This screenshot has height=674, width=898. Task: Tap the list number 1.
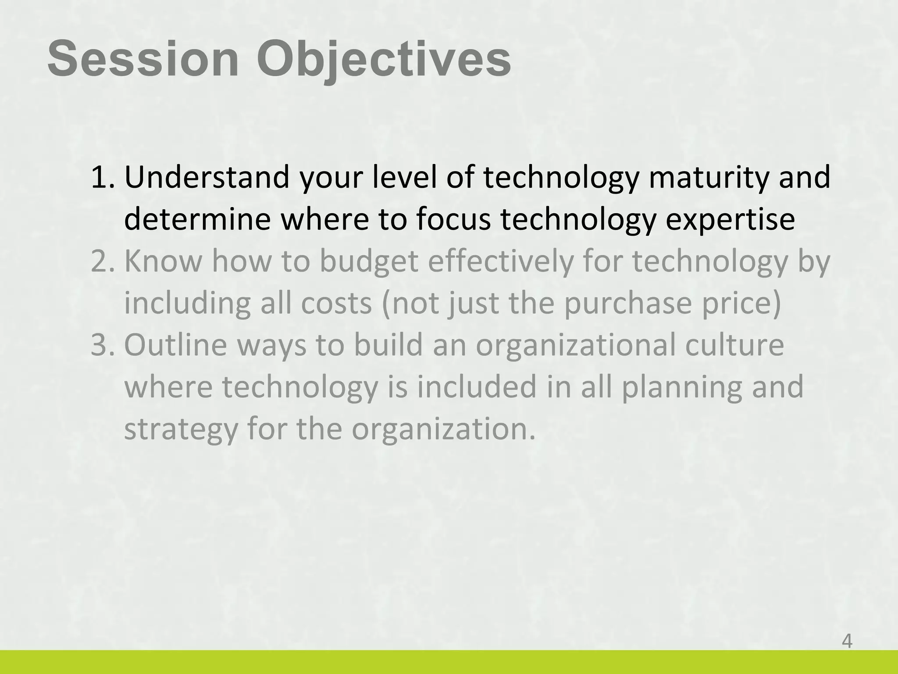click(x=102, y=177)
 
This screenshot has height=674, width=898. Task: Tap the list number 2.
click(x=102, y=261)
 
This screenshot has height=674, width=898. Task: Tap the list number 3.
click(x=102, y=345)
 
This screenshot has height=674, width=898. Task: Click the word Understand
click(x=207, y=177)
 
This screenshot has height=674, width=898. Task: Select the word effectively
click(x=500, y=262)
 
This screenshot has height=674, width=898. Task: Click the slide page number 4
click(x=847, y=642)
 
